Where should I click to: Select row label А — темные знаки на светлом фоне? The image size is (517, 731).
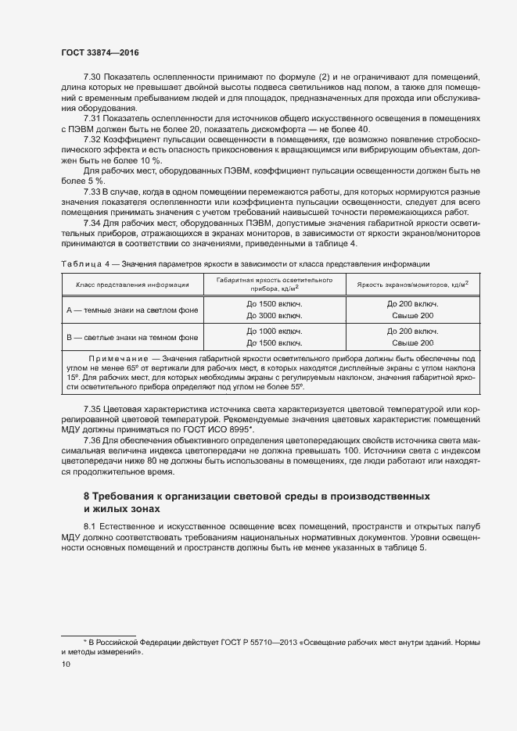132,309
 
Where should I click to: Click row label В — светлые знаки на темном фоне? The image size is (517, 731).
132,337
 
